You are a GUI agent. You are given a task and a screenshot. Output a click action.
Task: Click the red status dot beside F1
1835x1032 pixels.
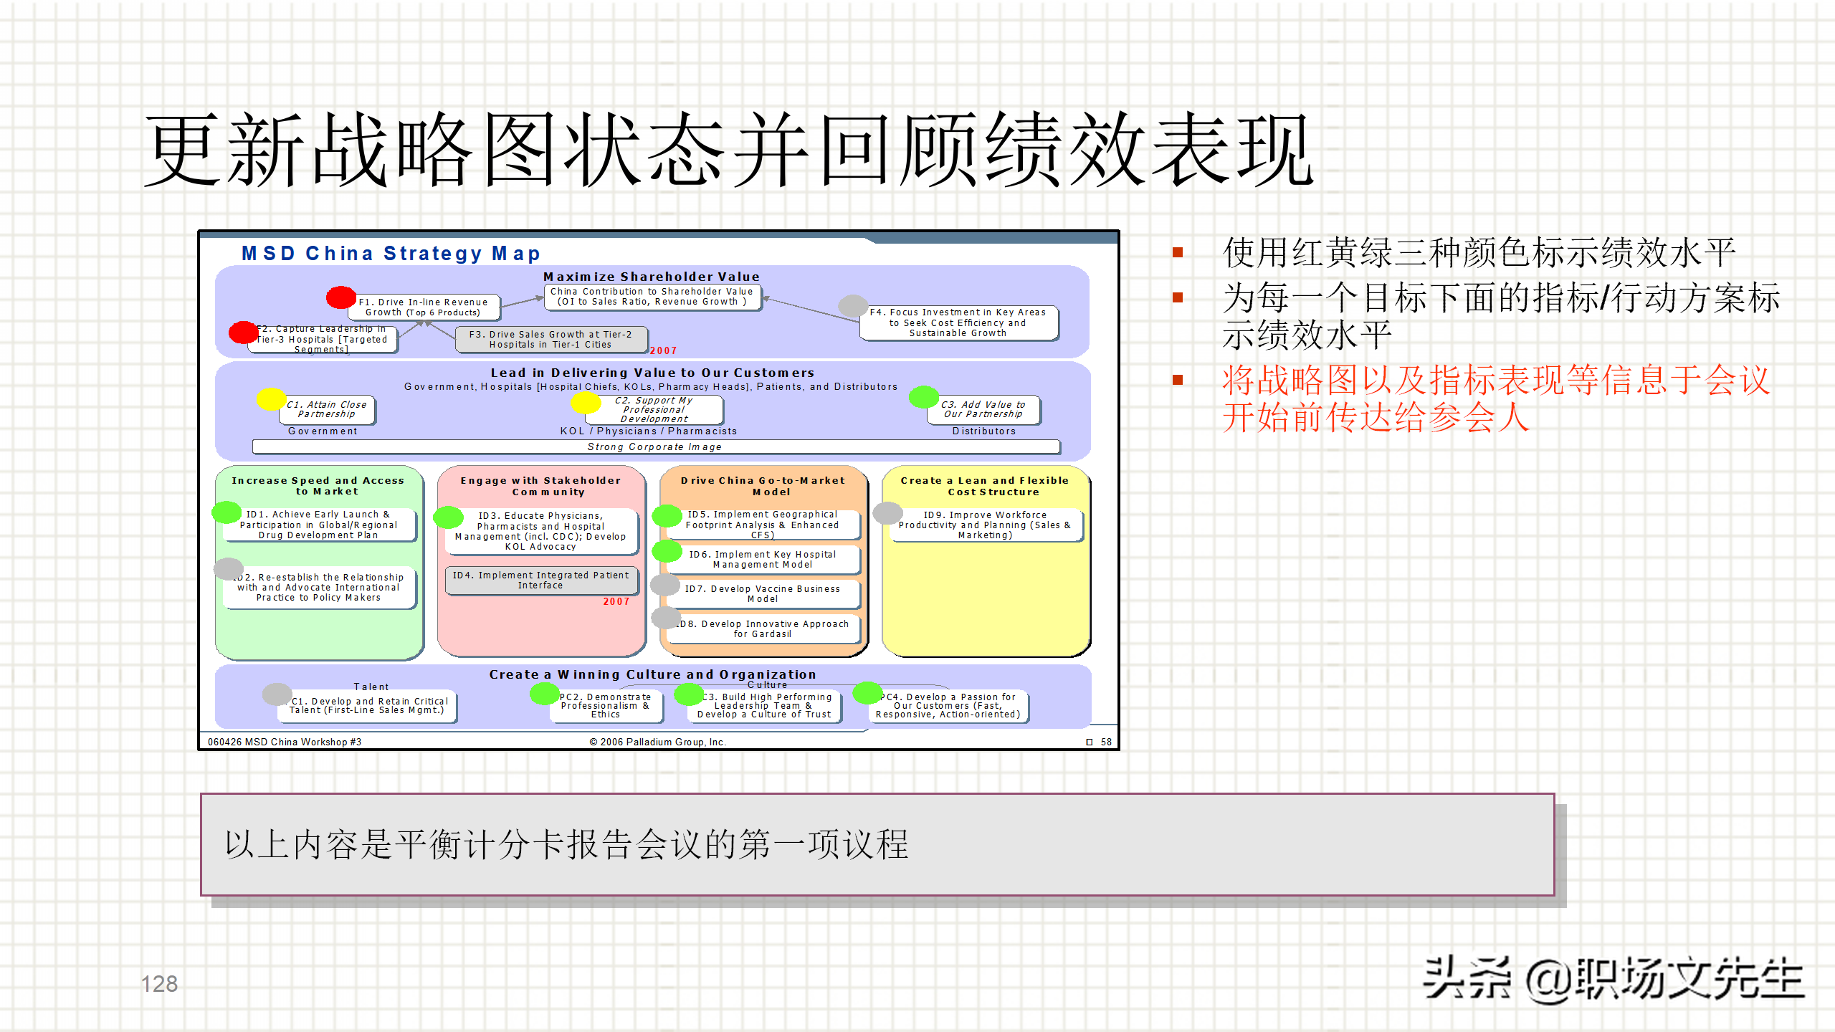point(341,297)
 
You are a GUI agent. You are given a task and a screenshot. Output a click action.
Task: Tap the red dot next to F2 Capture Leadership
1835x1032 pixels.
point(243,332)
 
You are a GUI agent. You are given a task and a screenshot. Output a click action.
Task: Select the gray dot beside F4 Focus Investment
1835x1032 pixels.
point(853,306)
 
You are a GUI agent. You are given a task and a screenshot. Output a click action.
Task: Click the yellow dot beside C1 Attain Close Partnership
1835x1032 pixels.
point(271,398)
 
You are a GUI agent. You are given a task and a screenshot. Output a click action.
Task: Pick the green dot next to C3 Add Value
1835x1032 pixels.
point(923,396)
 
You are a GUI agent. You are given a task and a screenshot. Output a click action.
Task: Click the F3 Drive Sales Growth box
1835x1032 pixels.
point(550,340)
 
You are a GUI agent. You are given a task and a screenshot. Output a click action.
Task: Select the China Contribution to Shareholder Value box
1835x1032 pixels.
point(652,297)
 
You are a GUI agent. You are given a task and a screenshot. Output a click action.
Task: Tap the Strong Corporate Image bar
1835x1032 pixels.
point(655,446)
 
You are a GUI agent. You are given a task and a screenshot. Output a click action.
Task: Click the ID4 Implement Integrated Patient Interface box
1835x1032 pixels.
point(540,580)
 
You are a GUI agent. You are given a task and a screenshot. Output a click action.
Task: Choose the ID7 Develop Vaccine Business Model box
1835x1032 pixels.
point(763,593)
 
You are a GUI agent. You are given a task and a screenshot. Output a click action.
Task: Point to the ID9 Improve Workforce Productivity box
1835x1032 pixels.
point(985,525)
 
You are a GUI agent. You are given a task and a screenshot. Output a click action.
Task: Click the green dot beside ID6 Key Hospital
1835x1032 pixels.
point(667,551)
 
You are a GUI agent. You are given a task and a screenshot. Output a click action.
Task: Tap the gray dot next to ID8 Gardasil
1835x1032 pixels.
point(666,616)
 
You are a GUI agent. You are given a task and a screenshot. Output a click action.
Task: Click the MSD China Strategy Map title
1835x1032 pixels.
point(391,254)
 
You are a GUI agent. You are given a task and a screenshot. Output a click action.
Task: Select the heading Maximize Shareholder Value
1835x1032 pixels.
point(651,277)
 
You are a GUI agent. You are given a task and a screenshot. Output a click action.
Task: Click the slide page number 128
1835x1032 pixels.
point(159,984)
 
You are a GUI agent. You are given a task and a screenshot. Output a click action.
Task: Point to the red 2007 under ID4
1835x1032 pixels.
point(616,601)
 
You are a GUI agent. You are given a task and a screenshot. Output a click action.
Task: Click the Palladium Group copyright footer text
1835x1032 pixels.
point(657,742)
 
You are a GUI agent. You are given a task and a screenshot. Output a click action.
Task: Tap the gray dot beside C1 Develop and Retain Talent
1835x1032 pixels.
point(277,694)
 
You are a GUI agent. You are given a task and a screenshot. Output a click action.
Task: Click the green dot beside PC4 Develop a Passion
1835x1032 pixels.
point(867,692)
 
